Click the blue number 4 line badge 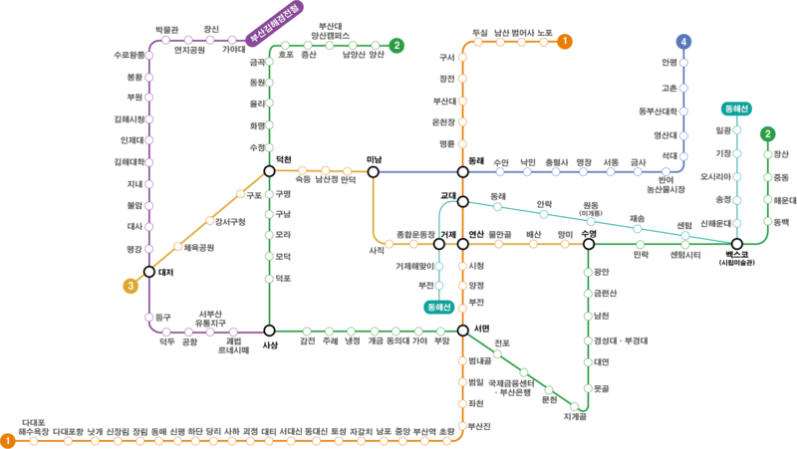[x=683, y=42]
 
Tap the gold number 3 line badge [x=131, y=286]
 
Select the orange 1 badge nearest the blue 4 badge [x=565, y=42]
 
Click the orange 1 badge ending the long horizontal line [x=8, y=440]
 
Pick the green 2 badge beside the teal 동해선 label [x=767, y=133]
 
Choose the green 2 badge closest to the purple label [x=397, y=45]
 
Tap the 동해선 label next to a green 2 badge [x=736, y=109]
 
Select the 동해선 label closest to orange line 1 [x=438, y=307]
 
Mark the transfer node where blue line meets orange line [x=462, y=172]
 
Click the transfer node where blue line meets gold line [x=373, y=172]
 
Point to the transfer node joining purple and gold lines [x=148, y=271]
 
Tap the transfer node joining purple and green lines [x=269, y=331]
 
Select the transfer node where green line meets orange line [x=462, y=331]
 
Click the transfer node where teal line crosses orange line [x=462, y=202]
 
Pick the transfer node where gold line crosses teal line [x=438, y=244]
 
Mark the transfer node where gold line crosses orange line [x=462, y=244]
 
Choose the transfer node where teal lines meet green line [x=736, y=244]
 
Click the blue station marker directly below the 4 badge [x=683, y=63]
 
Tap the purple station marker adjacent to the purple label [x=232, y=41]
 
